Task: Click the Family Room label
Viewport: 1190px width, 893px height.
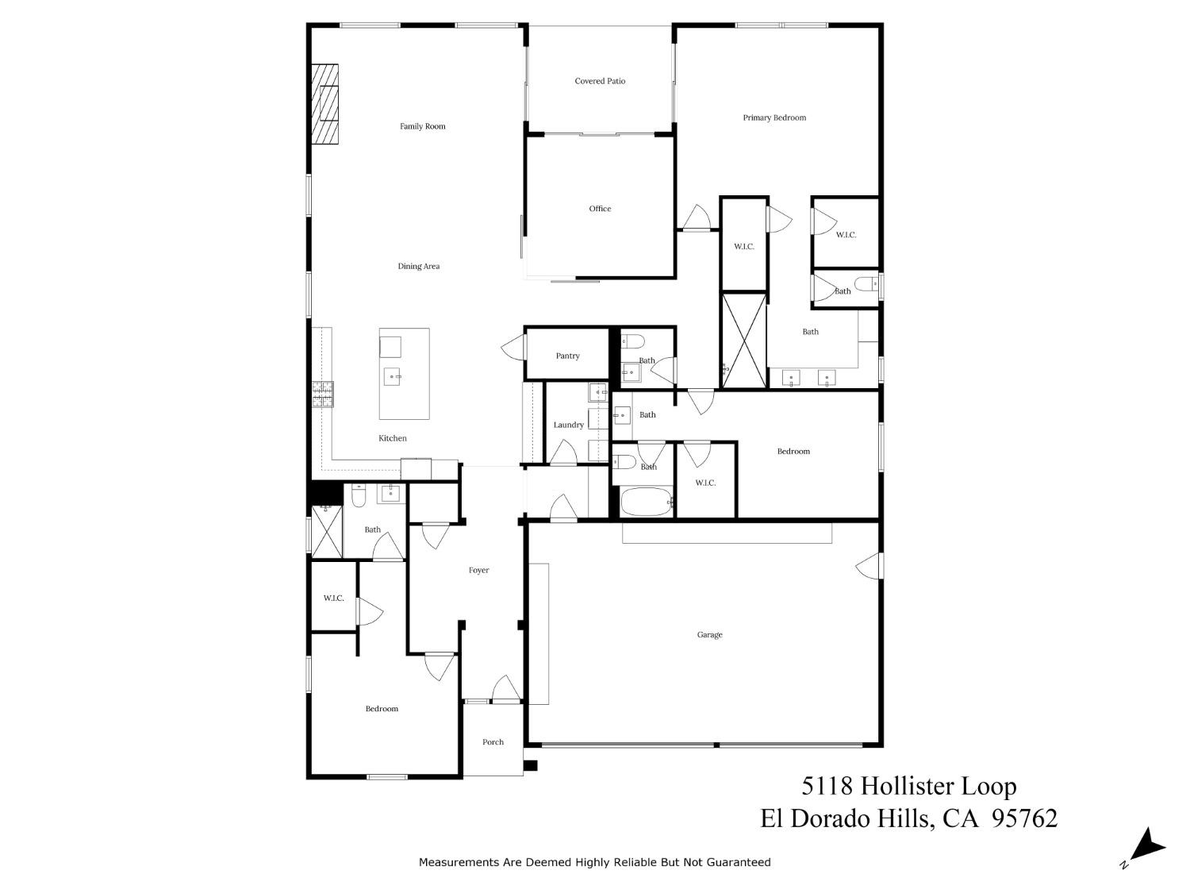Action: [422, 126]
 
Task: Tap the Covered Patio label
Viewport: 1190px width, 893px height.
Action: [600, 81]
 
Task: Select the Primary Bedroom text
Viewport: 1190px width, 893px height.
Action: [774, 117]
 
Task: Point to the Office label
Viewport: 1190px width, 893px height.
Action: [600, 208]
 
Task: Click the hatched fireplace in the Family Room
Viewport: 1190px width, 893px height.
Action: [324, 104]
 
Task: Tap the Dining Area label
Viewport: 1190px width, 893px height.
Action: [419, 266]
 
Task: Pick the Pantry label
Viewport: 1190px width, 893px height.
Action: [567, 356]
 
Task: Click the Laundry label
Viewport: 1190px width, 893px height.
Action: [568, 425]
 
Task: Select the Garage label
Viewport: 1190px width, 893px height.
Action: [710, 634]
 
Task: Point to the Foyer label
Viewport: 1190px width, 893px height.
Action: [478, 570]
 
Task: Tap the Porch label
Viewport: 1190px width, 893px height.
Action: [493, 741]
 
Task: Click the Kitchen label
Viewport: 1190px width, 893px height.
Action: [393, 438]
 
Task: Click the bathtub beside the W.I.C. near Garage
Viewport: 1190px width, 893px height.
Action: [647, 502]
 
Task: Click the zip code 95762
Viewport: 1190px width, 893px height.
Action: [1024, 818]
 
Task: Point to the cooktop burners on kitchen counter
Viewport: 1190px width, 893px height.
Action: [323, 395]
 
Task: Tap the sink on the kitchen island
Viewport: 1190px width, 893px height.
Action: [392, 375]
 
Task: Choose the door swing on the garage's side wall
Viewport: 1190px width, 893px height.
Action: [869, 565]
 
